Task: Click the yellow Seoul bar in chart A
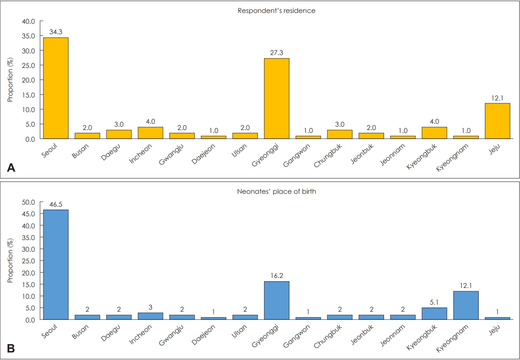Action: [x=56, y=88]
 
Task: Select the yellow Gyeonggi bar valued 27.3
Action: [x=276, y=98]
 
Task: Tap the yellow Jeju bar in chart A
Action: [x=497, y=121]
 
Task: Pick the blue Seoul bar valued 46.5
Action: [x=56, y=265]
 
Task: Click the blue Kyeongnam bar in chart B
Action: [x=466, y=305]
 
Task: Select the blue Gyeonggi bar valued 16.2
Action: [x=276, y=300]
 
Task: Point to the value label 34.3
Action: [x=56, y=32]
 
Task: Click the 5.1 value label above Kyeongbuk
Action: [x=434, y=302]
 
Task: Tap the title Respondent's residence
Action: [x=276, y=11]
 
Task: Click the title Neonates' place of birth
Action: [x=276, y=192]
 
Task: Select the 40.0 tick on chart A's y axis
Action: [x=29, y=21]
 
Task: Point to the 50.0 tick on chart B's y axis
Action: [x=29, y=202]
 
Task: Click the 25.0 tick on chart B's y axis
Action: [x=29, y=261]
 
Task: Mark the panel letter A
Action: [x=11, y=168]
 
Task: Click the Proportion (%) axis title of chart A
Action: [x=10, y=80]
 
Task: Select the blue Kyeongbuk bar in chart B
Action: [x=434, y=313]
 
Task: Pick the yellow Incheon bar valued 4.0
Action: [x=151, y=132]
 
